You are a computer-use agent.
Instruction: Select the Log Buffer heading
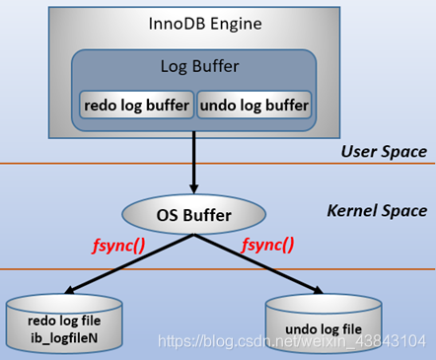[x=193, y=67]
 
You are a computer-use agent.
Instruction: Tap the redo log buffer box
[x=136, y=104]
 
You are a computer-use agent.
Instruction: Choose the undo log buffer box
[x=254, y=104]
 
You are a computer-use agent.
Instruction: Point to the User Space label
[x=384, y=152]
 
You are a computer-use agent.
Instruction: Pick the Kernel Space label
[x=377, y=211]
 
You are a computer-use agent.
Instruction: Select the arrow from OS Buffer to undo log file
[x=266, y=265]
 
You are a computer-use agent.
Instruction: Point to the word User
[x=359, y=152]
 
